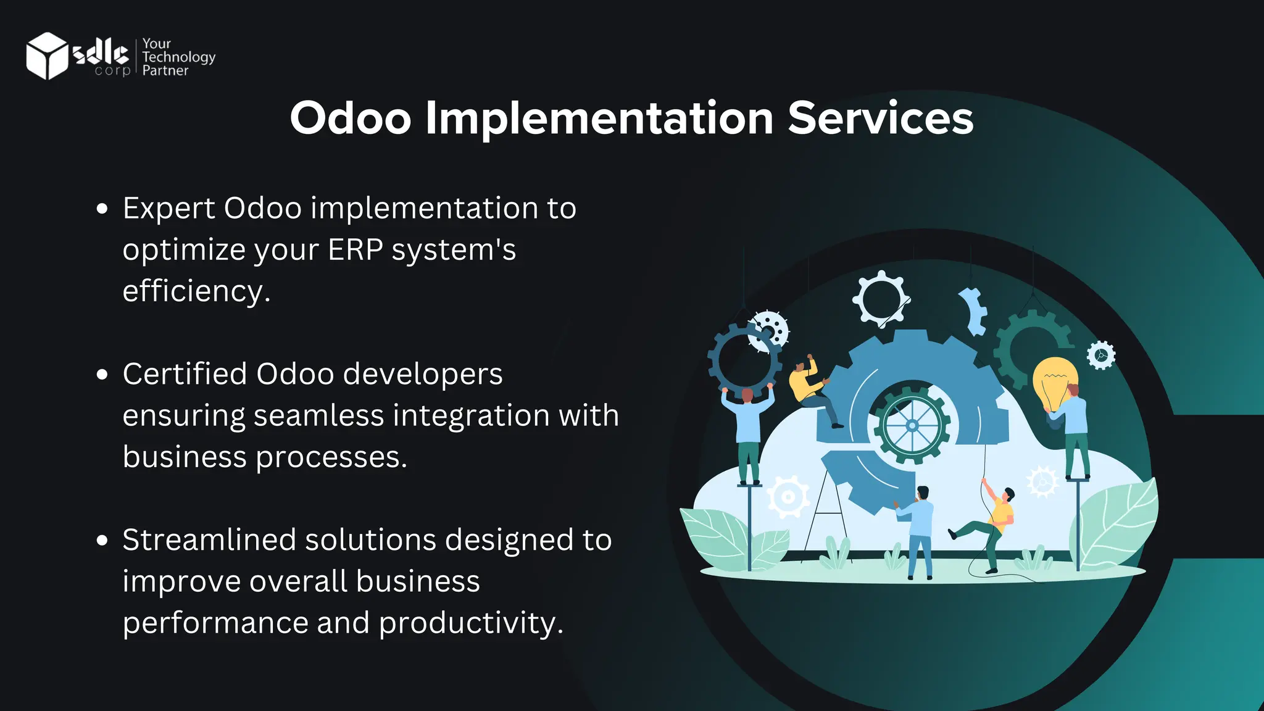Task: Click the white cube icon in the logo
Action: [x=46, y=56]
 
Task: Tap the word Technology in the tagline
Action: [x=178, y=57]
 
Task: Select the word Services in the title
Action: [x=880, y=118]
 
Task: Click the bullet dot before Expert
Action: [x=102, y=209]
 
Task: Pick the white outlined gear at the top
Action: [x=881, y=299]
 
